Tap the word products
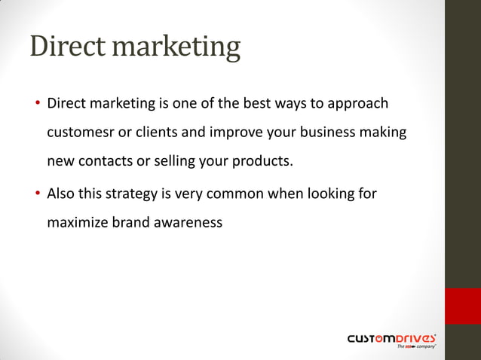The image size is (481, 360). (261, 161)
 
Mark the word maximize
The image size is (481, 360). (77, 223)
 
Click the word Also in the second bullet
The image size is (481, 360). (61, 194)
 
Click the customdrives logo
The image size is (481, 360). (391, 340)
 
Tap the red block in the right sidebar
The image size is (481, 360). (462, 305)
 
